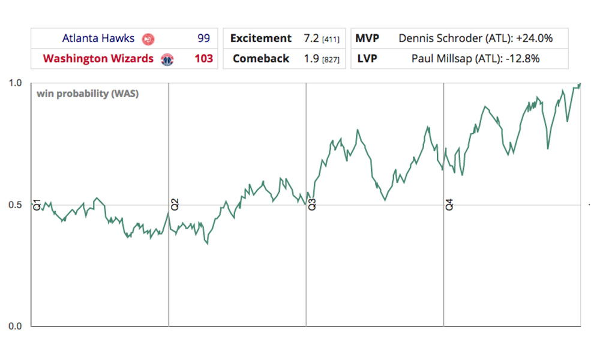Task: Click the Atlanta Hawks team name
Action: click(x=98, y=38)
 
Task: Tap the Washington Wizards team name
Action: click(x=98, y=59)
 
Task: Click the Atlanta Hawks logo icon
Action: click(x=148, y=39)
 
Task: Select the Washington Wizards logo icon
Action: click(x=167, y=59)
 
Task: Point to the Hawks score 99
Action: click(x=203, y=38)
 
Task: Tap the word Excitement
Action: click(x=261, y=38)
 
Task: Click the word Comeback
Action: click(x=261, y=59)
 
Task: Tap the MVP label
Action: click(x=367, y=38)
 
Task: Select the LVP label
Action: click(x=367, y=59)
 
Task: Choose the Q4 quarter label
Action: click(x=449, y=204)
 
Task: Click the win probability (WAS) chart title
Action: click(x=88, y=94)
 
